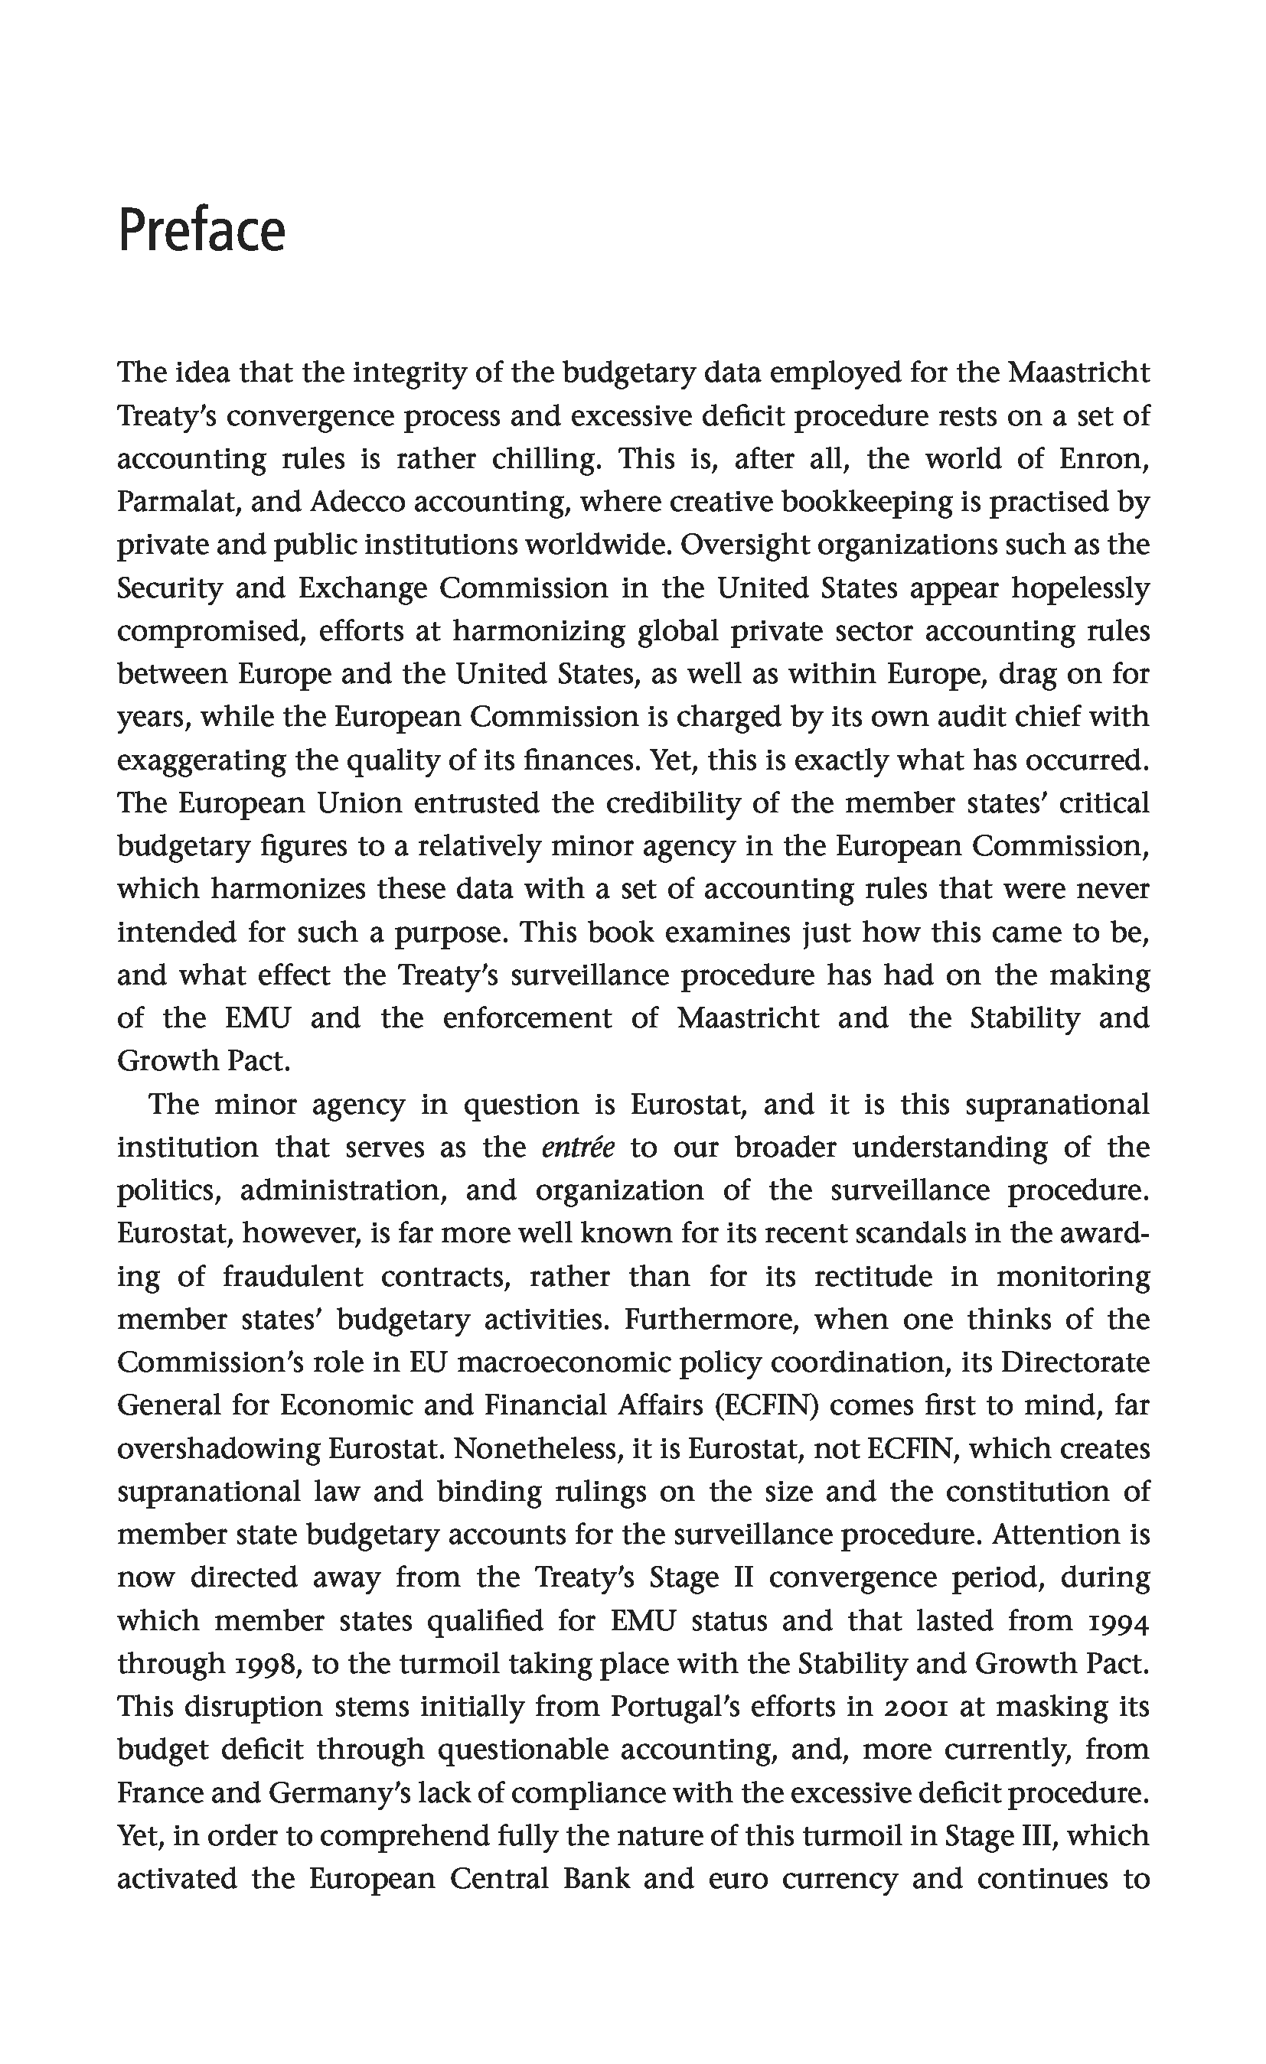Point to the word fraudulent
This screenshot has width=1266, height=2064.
292,1276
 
